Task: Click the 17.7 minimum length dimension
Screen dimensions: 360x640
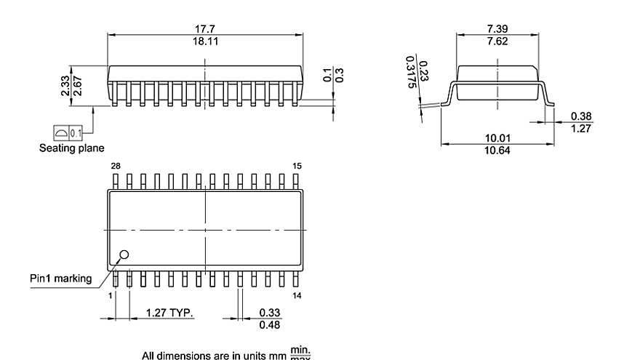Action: tap(204, 29)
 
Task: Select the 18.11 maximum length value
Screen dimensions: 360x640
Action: tap(204, 41)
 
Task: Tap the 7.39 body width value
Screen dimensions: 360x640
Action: tap(497, 29)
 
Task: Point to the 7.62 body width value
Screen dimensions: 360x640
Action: tap(497, 41)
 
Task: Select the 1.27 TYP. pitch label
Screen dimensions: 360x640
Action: tap(169, 313)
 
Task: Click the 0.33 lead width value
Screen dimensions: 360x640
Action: tap(270, 313)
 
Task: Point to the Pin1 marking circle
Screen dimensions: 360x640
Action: tap(124, 255)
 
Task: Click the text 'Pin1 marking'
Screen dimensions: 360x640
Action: tap(60, 278)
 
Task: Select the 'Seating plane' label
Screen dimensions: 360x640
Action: tap(71, 148)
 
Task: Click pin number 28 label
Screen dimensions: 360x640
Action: tap(115, 167)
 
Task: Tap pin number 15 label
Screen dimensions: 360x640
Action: tap(297, 167)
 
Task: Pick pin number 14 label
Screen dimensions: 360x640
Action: tap(297, 295)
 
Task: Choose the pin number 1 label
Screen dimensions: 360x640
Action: tap(111, 295)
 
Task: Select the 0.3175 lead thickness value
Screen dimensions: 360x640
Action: tap(412, 73)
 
